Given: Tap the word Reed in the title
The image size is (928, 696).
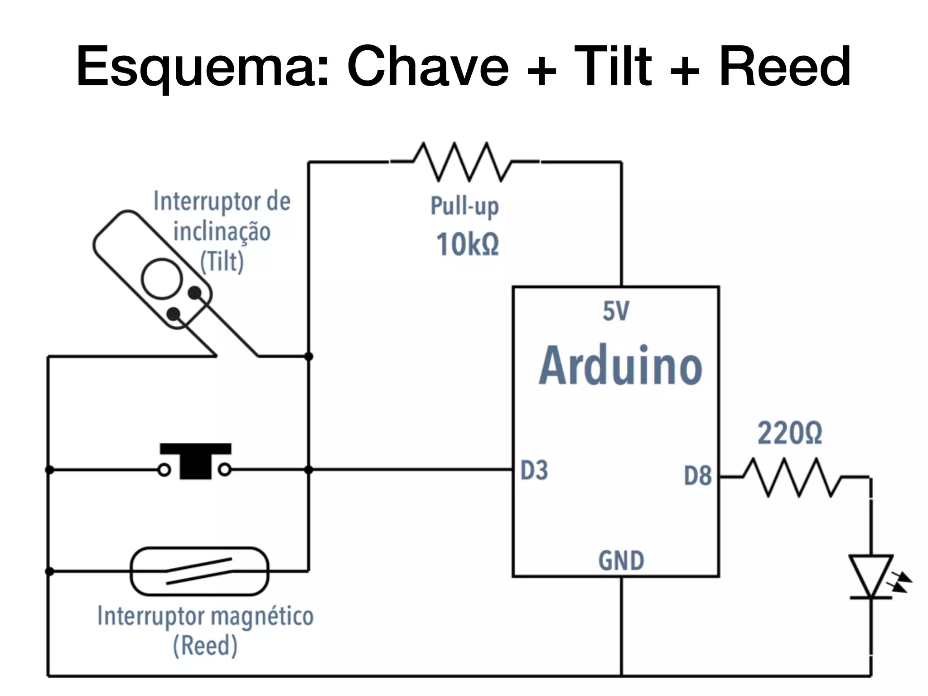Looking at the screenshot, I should pos(784,67).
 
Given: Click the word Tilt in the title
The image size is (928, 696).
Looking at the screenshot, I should pos(613,67).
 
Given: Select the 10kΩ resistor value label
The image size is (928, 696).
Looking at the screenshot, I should pos(467,245).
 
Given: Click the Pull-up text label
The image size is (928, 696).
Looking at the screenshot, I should pos(464,206).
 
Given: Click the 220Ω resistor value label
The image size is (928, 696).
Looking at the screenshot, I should pos(790,434).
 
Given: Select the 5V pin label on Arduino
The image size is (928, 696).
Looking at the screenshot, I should pos(616,311).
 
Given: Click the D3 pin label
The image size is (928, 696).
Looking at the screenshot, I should pos(534,470).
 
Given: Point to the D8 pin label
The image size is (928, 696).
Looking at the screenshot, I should pos(698,476).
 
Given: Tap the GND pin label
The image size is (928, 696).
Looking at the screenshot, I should pos(621,561).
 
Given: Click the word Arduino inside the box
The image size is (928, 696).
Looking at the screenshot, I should pos(620,366).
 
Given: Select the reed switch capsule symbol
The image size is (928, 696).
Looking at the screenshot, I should pos(199,571).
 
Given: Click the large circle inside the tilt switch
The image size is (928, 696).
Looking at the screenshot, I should pos(162,279).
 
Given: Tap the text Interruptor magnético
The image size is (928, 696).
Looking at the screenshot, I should pos(205,617).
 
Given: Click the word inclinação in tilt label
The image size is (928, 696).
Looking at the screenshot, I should pos(222,232).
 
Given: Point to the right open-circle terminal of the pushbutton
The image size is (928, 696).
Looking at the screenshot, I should pos(225,470).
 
